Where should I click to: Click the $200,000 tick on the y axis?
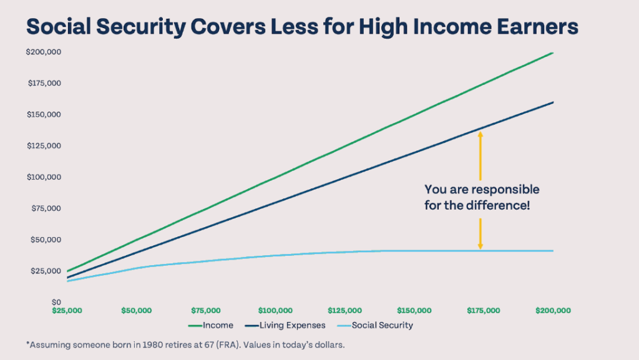point(43,52)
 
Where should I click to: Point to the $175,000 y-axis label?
point(43,84)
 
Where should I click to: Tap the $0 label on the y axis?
point(54,302)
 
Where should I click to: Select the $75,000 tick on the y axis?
point(45,208)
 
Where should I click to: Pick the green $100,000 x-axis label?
point(275,310)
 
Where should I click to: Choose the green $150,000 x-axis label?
point(414,310)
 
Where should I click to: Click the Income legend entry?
point(217,325)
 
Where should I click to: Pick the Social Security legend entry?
point(382,325)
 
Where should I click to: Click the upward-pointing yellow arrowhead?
point(480,134)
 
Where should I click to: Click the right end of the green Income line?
point(553,53)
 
